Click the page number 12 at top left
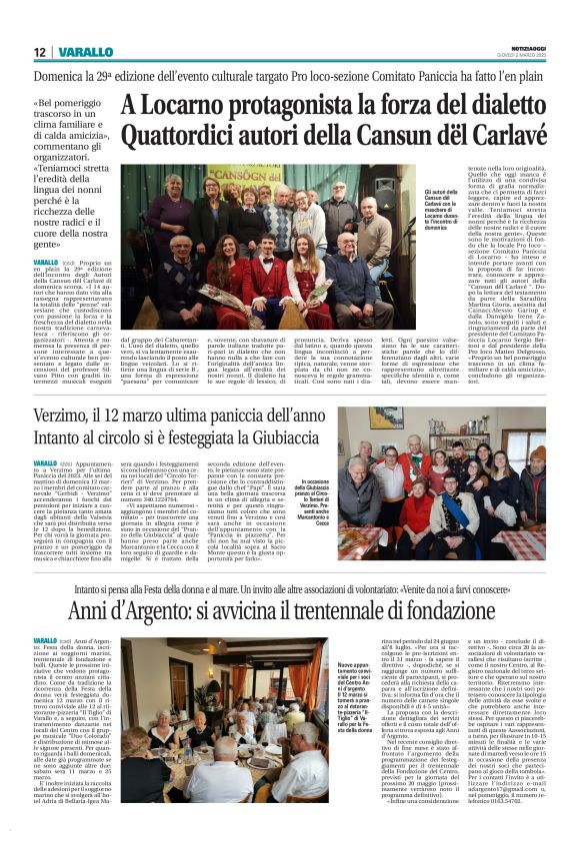[40, 53]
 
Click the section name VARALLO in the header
[84, 53]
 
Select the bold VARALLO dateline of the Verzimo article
[45, 463]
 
